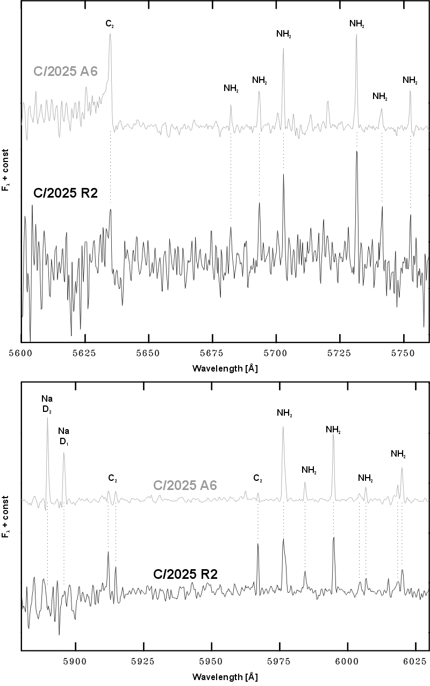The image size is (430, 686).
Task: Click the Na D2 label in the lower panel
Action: [x=47, y=403]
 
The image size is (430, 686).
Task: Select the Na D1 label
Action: [x=64, y=436]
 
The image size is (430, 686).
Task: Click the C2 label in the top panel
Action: [x=110, y=24]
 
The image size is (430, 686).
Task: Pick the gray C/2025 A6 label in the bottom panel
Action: [x=185, y=485]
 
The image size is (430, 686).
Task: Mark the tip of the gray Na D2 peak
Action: [x=47, y=418]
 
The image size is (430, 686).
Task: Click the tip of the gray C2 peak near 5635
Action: [x=110, y=34]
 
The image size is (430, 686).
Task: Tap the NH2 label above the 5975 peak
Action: [x=283, y=414]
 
